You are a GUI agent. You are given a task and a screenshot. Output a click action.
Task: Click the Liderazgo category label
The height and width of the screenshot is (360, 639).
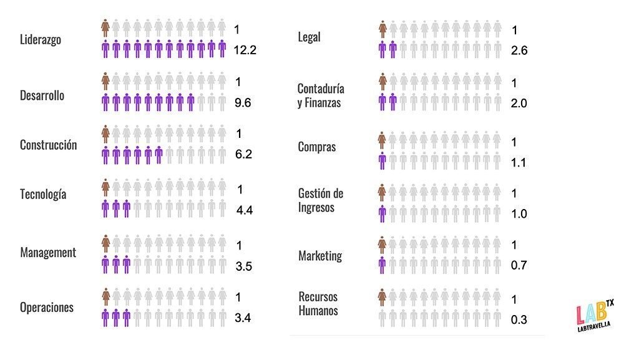(41, 40)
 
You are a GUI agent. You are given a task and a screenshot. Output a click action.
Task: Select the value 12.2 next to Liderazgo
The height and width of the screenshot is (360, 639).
(245, 50)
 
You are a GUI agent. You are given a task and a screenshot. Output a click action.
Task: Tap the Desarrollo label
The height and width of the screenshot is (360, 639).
(42, 96)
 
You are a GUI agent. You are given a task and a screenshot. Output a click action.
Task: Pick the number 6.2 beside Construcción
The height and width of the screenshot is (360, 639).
(243, 154)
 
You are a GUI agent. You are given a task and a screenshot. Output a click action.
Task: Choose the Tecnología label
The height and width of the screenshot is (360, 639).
(43, 194)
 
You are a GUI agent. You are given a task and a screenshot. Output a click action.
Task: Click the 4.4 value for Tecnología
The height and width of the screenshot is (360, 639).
(244, 210)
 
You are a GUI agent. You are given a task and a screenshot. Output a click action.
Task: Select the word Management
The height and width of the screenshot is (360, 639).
(48, 253)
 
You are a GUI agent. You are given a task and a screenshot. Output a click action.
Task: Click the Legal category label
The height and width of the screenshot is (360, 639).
(310, 37)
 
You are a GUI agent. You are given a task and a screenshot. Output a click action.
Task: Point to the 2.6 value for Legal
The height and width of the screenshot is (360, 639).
(519, 51)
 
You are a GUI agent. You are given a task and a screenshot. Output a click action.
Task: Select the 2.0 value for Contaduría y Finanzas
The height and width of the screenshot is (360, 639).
(519, 104)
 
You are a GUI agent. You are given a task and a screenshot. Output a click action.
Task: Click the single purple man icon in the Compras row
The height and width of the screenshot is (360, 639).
(382, 161)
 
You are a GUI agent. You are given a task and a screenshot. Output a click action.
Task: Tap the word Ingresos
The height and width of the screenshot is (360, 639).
(316, 208)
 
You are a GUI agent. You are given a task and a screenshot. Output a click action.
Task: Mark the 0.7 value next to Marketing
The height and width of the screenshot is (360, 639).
(519, 266)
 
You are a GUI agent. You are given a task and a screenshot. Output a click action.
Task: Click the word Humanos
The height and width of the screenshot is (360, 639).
(318, 311)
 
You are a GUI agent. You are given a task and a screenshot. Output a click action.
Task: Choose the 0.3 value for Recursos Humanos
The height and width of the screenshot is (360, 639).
(519, 320)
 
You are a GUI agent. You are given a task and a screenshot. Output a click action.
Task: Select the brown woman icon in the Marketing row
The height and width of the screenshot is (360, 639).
(382, 245)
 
